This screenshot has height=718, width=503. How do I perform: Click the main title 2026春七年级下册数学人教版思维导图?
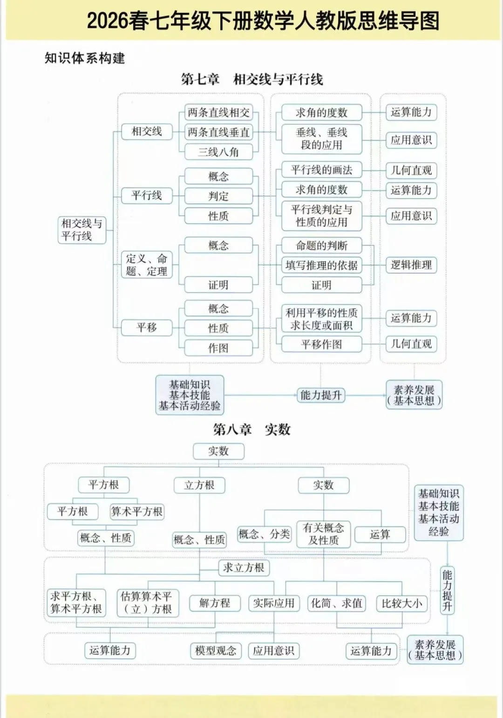tap(263, 21)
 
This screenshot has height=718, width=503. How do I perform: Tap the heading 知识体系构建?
tap(85, 58)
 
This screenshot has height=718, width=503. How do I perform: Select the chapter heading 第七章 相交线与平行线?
tap(252, 79)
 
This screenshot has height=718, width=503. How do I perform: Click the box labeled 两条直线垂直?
tap(218, 132)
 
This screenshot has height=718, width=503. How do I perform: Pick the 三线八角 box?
tap(218, 152)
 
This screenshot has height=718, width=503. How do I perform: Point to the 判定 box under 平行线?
tap(218, 196)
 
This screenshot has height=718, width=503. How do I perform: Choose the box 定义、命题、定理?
tap(147, 265)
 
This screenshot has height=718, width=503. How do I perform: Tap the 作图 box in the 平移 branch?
tap(218, 348)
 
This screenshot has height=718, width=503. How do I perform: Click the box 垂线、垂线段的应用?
tap(321, 138)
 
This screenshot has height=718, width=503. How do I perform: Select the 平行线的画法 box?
tap(321, 170)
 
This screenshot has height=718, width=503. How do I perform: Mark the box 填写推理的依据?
tap(321, 265)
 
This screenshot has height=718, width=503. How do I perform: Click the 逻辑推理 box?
tap(411, 265)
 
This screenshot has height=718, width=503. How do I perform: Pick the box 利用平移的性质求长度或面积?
tap(321, 319)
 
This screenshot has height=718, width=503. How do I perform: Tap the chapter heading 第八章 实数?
tap(251, 429)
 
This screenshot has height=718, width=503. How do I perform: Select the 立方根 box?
tap(199, 485)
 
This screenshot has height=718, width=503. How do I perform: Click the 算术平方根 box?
tap(137, 512)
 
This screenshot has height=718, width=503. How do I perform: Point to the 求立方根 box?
tap(244, 568)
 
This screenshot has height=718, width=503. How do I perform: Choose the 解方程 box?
tap(215, 603)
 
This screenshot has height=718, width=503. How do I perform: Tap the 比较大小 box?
tap(401, 603)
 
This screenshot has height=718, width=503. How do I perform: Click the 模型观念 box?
tap(216, 650)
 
